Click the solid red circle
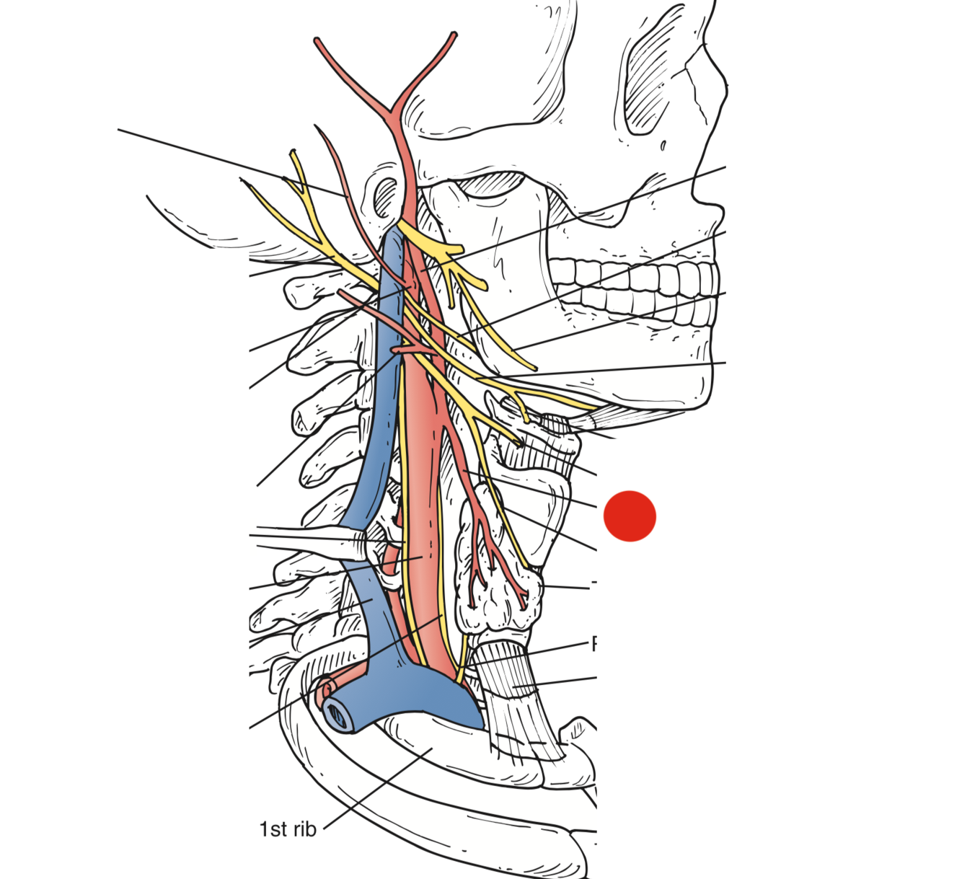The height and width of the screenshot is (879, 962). (x=630, y=516)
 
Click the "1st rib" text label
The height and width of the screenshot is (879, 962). (x=288, y=829)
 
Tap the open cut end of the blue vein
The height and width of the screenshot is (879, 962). (x=338, y=713)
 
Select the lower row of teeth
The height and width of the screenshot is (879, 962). (x=649, y=306)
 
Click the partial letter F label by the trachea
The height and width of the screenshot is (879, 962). (x=594, y=643)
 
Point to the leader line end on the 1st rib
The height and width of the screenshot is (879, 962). (x=431, y=748)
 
